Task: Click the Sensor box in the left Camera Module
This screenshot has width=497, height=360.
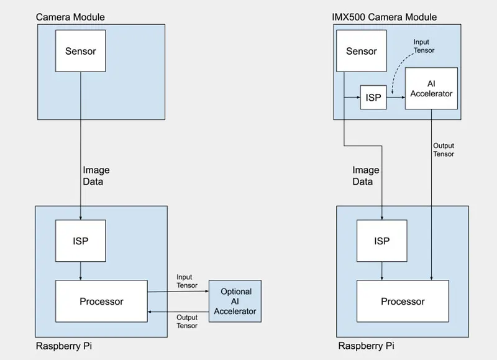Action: [81, 52]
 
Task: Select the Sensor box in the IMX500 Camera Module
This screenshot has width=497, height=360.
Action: [361, 52]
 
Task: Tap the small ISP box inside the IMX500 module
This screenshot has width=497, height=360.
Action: [373, 98]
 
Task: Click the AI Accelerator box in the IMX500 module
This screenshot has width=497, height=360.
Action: [431, 88]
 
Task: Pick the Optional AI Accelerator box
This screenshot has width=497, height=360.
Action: [235, 302]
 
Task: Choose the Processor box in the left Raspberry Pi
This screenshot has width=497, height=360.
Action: [101, 302]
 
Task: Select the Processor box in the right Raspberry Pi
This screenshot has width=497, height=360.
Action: [403, 302]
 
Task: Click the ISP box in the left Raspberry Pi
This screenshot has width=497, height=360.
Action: [81, 241]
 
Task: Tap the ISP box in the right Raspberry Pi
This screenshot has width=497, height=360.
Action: [382, 241]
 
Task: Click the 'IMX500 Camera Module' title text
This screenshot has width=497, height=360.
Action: [384, 17]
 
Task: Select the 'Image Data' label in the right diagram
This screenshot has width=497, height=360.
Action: [366, 176]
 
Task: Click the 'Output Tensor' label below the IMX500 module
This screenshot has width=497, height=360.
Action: [444, 150]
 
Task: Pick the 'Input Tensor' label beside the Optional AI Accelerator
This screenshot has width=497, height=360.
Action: [187, 281]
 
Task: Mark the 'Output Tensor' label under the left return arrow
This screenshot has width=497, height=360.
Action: [186, 321]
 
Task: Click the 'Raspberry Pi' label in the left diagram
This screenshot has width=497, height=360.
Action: [65, 345]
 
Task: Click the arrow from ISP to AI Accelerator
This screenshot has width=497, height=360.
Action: [395, 98]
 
